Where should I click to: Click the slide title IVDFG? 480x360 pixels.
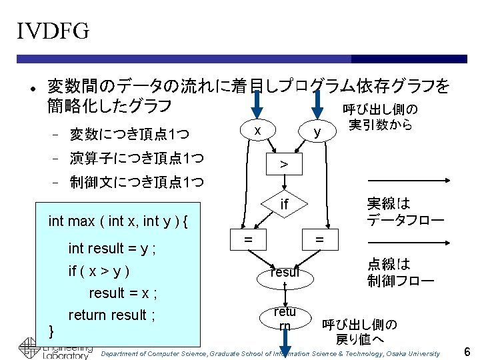[x=53, y=31]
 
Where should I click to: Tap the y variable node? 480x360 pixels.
[x=318, y=132]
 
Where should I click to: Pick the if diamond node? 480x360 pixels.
[x=284, y=204]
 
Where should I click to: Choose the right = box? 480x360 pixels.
[x=319, y=238]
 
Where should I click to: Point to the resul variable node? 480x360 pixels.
[x=285, y=272]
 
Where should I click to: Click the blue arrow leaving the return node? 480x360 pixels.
[x=285, y=347]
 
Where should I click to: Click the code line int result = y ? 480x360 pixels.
[x=112, y=249]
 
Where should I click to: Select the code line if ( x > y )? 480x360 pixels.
[x=99, y=271]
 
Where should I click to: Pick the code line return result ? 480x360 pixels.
[x=112, y=315]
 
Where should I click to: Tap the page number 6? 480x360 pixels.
[x=467, y=351]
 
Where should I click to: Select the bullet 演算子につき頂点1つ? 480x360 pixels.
[x=137, y=159]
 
